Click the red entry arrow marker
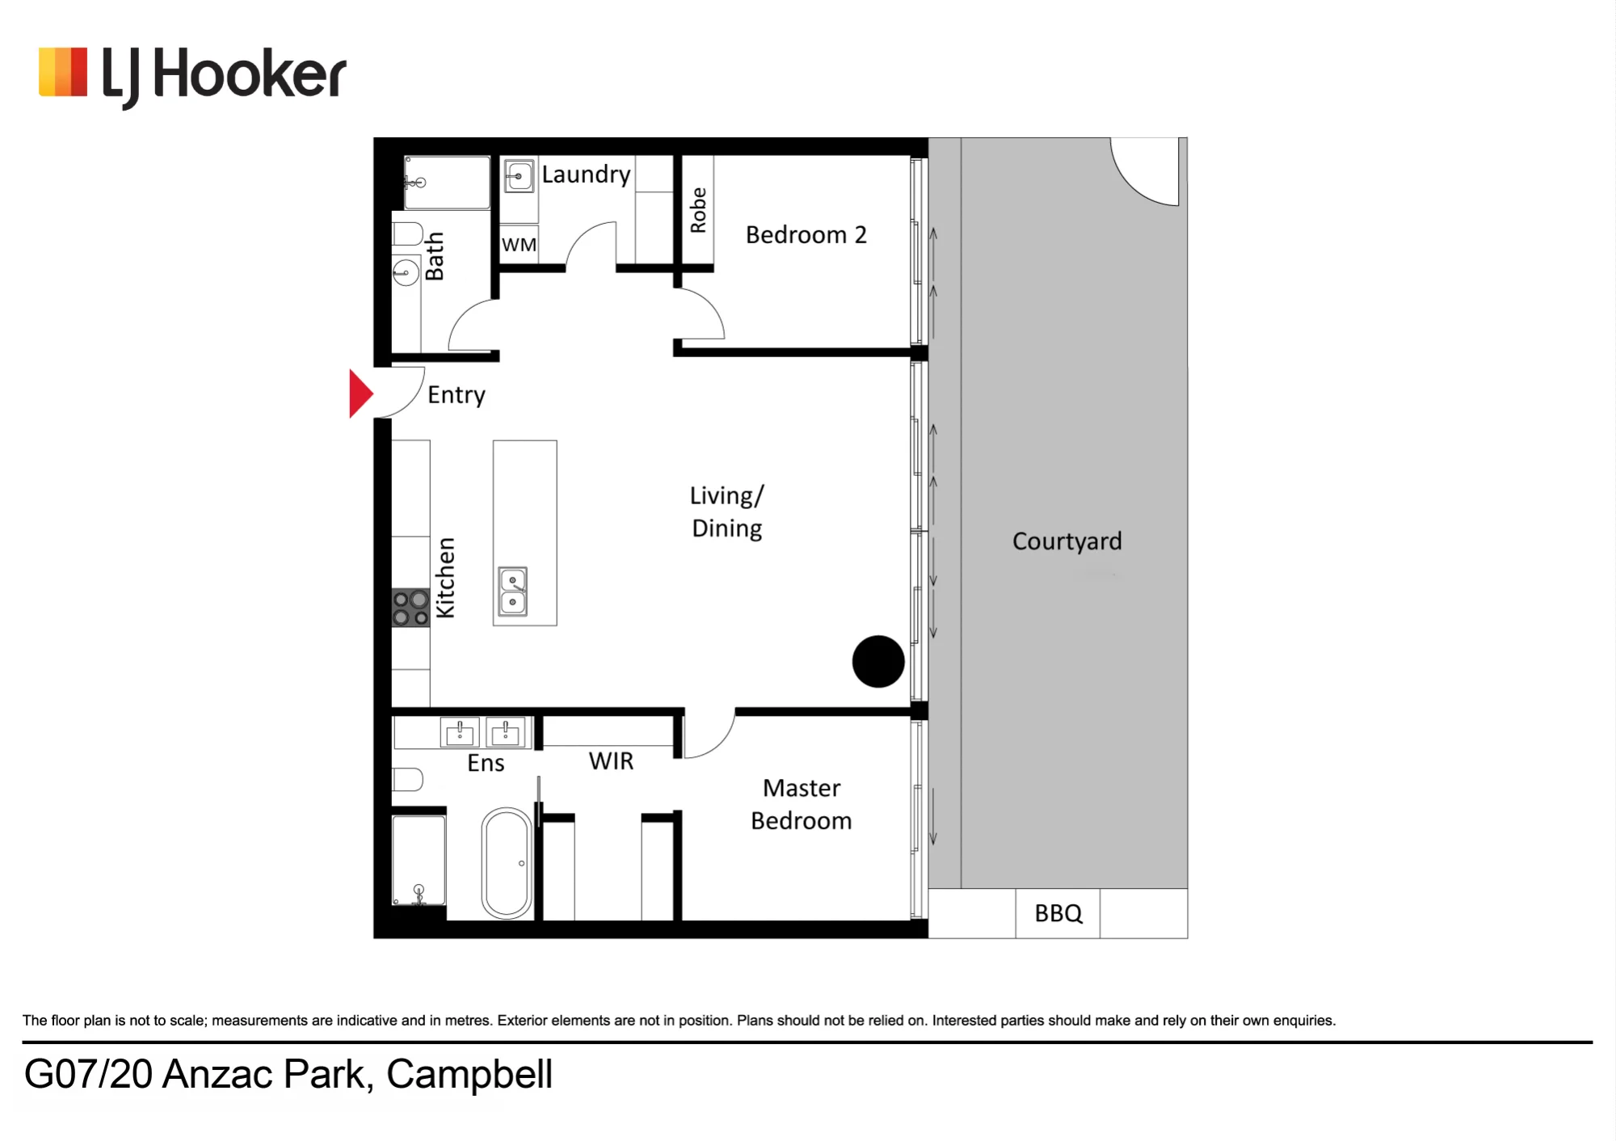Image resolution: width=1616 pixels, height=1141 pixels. [360, 394]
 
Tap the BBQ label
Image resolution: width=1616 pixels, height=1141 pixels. [1058, 913]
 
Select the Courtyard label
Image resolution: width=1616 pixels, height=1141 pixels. [1067, 541]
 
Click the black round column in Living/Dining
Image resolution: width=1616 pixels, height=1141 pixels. [878, 662]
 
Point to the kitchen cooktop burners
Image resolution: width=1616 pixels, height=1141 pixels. [410, 608]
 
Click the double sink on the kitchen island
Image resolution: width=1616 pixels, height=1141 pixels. [513, 592]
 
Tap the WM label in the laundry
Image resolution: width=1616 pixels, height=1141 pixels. [519, 245]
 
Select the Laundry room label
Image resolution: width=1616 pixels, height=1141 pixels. [586, 175]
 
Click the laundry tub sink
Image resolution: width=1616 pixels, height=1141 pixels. [519, 176]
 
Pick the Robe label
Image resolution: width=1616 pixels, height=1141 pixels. [698, 210]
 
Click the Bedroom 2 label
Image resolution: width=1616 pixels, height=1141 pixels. [806, 235]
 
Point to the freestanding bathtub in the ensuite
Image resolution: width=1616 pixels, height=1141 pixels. [507, 863]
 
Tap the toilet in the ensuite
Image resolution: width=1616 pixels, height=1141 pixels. [408, 780]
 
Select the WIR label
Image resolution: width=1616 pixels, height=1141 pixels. [611, 761]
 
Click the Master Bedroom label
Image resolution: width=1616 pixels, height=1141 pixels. [802, 804]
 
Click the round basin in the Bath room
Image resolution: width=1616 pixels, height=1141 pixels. [406, 272]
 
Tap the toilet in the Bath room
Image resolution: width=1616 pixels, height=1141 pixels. [408, 234]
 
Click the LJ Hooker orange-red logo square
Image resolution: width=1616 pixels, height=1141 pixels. [63, 73]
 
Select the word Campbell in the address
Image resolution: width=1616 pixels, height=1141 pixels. [469, 1075]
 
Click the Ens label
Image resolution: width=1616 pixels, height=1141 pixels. [486, 763]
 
